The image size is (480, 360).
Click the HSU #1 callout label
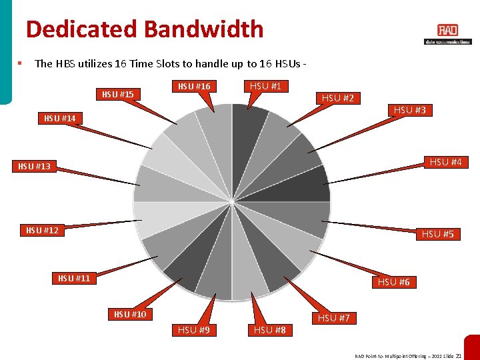pos(265,85)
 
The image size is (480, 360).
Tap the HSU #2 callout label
pos(338,98)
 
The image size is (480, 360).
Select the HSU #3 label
pos(409,110)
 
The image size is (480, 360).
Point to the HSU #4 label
pos(445,162)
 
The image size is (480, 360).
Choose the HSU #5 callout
pos(437,234)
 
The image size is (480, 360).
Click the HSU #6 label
pos(393,282)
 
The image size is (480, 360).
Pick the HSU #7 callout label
pos(333,318)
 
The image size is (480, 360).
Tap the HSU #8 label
pos(269,329)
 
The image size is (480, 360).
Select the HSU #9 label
pos(194,329)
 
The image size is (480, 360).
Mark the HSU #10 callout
pos(130,314)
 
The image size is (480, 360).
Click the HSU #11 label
pos(74,278)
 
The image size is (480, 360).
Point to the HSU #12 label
pos(42,230)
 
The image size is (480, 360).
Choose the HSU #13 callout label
pos(34,166)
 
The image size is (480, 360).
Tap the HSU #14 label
pos(59,118)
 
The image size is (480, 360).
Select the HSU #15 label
pos(118,94)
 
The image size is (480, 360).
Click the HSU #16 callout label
pos(193,86)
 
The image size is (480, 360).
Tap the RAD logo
pos(447,31)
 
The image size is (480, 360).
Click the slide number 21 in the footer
pos(458,356)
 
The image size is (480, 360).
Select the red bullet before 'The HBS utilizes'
pos(20,63)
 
